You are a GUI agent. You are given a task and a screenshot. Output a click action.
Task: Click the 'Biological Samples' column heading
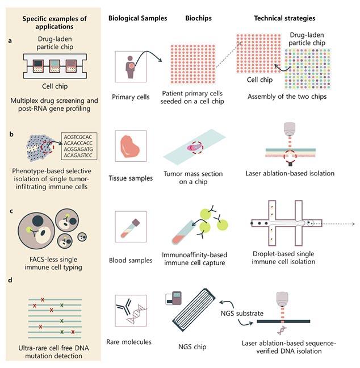pos(137,18)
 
